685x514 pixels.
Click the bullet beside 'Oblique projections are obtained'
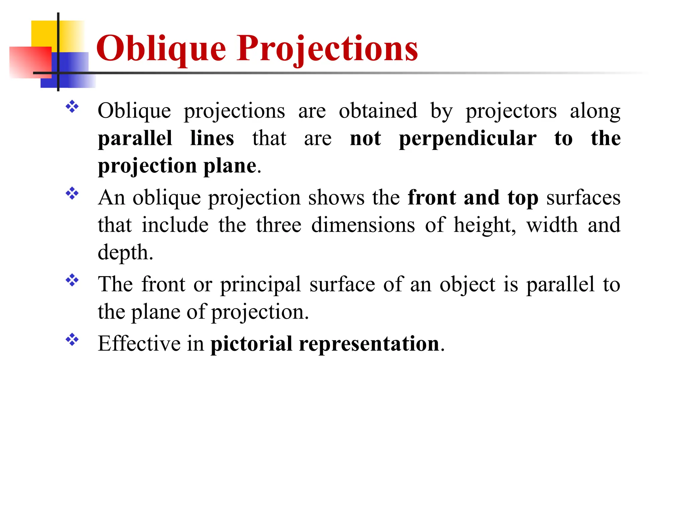[72, 107]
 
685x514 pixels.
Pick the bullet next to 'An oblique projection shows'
[72, 193]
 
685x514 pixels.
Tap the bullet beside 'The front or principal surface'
[72, 280]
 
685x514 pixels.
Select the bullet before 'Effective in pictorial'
[72, 340]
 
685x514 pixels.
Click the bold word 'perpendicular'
[468, 139]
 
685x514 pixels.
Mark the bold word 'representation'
[369, 344]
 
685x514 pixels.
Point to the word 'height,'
[485, 225]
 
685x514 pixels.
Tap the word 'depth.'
[125, 252]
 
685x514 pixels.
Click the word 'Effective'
[139, 344]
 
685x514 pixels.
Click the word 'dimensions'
[363, 225]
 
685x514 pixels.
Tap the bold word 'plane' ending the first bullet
[230, 166]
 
